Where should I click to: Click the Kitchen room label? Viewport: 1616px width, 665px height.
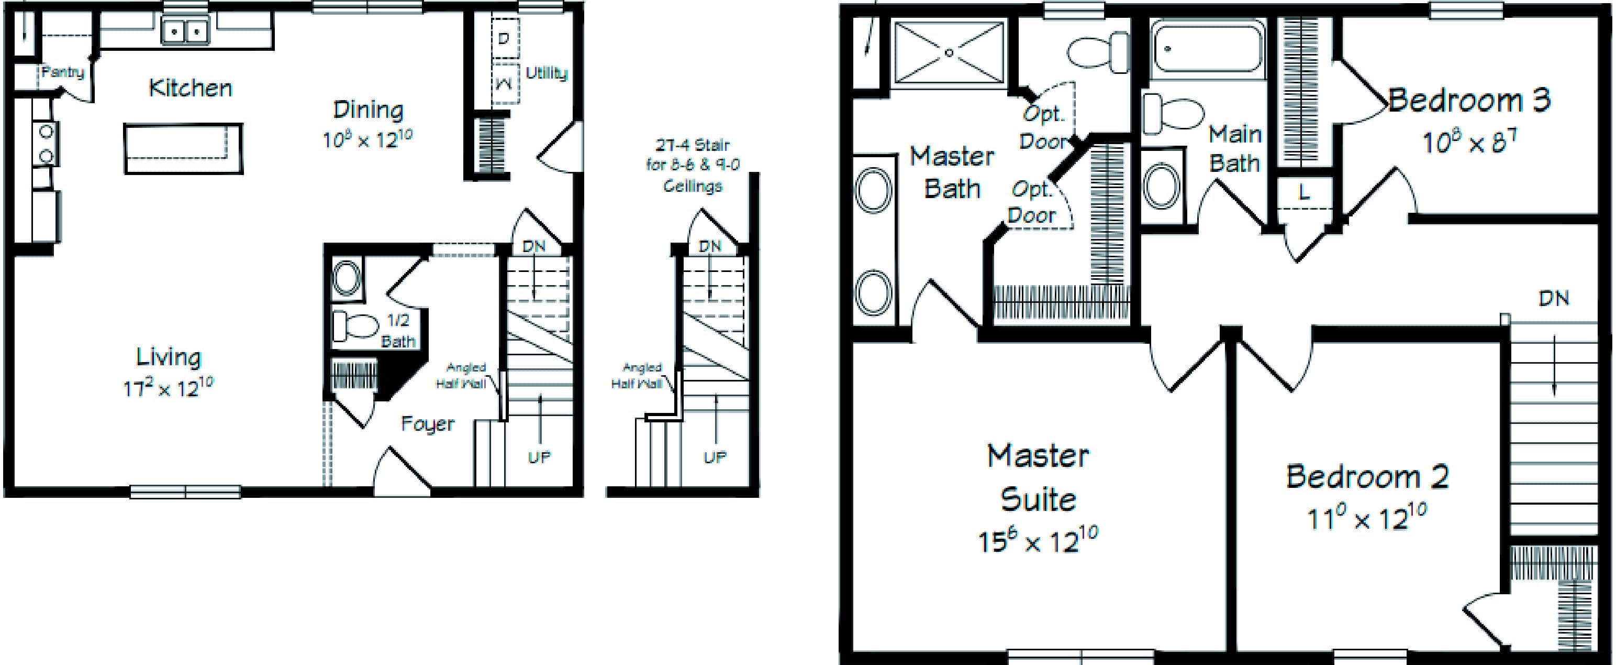190,89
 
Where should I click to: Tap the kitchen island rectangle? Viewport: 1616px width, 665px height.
183,148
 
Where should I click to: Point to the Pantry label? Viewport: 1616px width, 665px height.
63,72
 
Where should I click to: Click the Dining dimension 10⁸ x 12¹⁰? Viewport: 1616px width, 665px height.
367,139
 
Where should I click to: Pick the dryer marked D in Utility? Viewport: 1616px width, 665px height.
504,38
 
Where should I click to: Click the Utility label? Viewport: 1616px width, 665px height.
547,73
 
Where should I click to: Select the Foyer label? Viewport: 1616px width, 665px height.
427,424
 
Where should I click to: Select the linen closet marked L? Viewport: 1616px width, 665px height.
1304,193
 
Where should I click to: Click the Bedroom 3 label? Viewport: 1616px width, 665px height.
1468,101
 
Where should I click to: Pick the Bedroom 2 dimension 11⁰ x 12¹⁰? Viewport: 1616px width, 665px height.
1367,518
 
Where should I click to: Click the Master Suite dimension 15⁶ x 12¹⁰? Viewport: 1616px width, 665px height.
1038,540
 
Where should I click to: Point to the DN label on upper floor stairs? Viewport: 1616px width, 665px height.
1553,298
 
